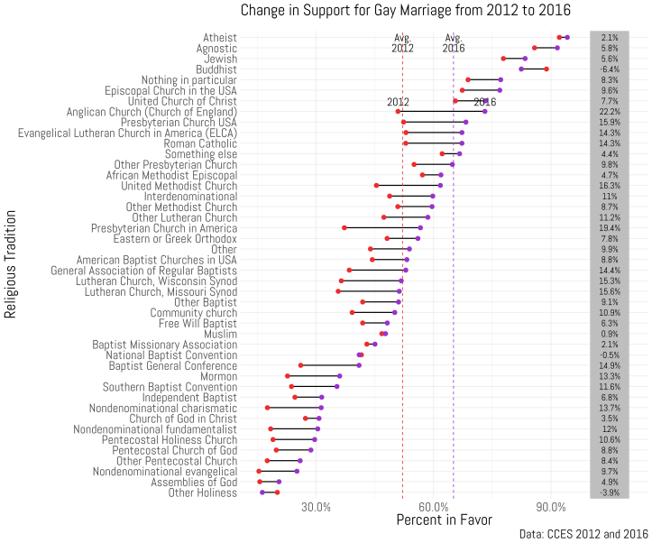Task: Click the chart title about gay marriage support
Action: (x=405, y=11)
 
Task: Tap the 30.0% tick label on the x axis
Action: (x=317, y=509)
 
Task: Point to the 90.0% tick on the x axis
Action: (x=551, y=509)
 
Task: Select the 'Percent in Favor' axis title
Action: (x=445, y=520)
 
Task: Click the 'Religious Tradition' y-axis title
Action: (x=12, y=264)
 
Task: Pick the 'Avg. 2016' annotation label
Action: (x=454, y=43)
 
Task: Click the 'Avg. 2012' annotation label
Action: (x=403, y=43)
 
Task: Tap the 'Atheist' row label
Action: (x=221, y=38)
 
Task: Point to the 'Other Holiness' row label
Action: (x=203, y=492)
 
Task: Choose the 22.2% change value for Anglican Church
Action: (x=610, y=112)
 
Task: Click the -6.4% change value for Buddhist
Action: (x=610, y=69)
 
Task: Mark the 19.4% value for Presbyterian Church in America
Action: (x=610, y=228)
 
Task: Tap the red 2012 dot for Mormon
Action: (x=288, y=376)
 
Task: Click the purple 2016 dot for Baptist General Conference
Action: (x=359, y=365)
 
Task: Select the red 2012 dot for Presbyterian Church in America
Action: (x=344, y=228)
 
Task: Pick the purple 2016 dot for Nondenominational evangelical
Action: (x=297, y=471)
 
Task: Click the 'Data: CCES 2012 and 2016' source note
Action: (x=583, y=534)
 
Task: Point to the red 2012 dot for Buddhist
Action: (x=546, y=69)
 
